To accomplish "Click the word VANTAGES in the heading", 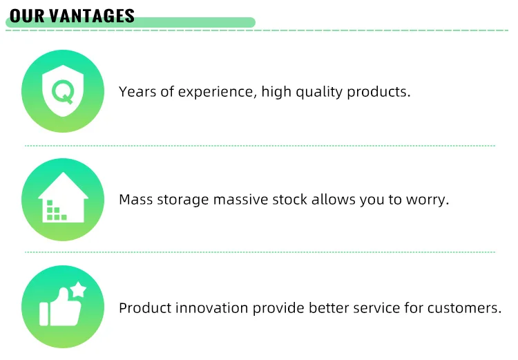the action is coord(92,16).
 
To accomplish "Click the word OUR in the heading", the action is coord(27,16).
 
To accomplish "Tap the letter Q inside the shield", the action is coord(63,92).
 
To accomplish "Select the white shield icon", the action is coord(63,91).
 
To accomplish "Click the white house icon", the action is coord(63,198).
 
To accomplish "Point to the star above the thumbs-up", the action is coord(78,290).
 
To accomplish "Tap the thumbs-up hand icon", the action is coord(61,307).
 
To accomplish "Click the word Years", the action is coord(137,92).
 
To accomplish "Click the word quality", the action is coord(319,92).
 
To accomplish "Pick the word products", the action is coord(379,92).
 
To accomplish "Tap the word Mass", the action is coord(136,200).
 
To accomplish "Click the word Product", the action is coord(145,308).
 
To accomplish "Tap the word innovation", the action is coord(212,308).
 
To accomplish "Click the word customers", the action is coord(465,308).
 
